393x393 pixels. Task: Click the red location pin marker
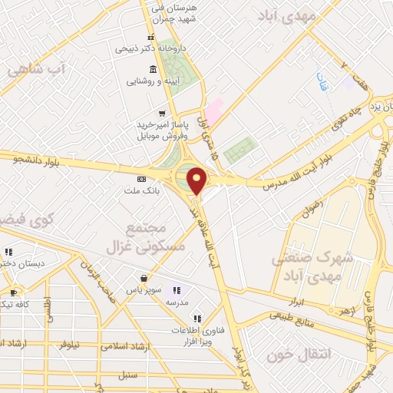(x=197, y=180)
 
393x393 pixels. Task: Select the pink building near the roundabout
(x=213, y=108)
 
